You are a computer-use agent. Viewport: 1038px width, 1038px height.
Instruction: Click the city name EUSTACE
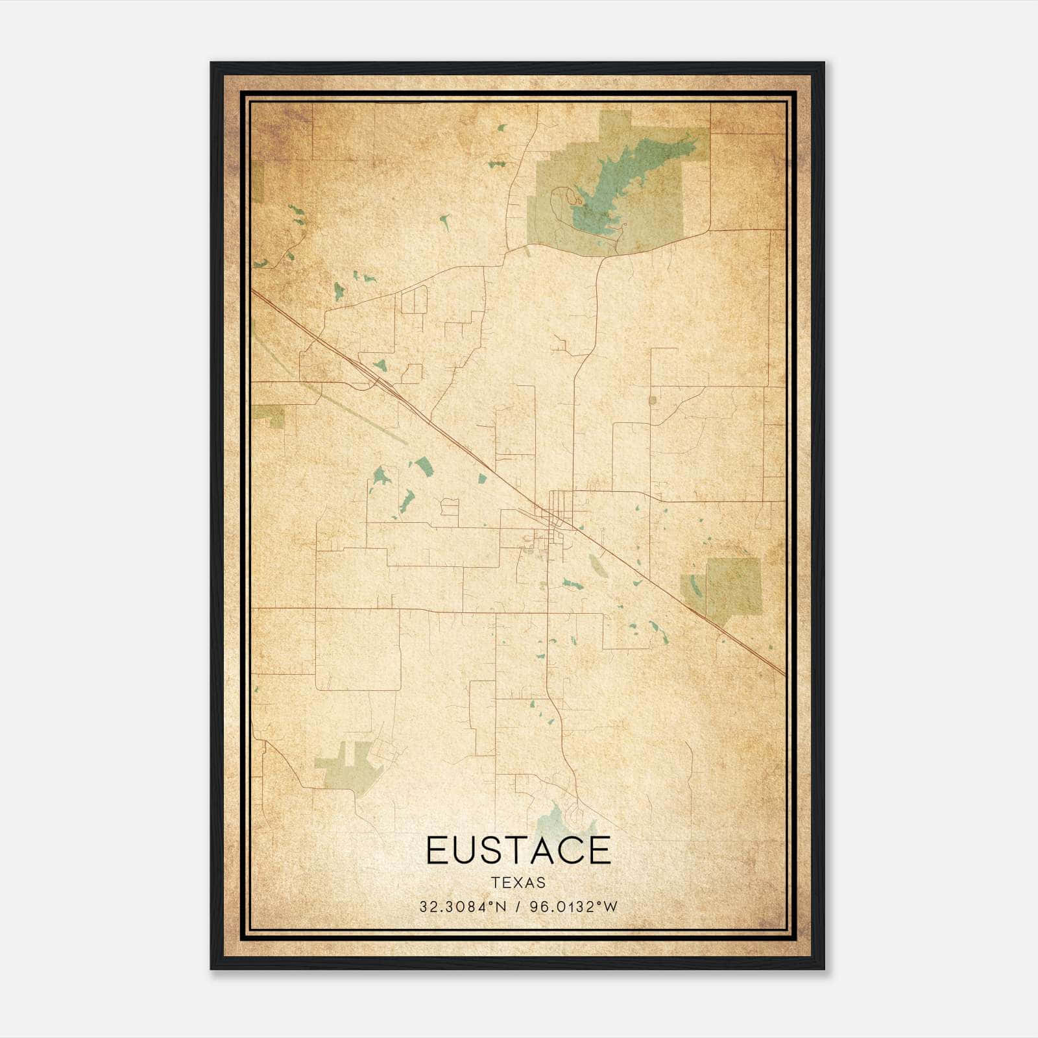(x=518, y=850)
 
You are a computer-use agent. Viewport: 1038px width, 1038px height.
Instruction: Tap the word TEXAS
(x=518, y=883)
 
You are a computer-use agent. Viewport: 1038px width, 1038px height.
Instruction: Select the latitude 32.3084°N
(x=461, y=906)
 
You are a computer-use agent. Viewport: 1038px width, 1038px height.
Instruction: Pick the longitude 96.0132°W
(x=573, y=906)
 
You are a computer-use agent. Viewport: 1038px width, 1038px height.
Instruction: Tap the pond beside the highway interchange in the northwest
(x=378, y=365)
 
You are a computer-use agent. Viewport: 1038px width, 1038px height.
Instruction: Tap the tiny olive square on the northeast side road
(x=653, y=400)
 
